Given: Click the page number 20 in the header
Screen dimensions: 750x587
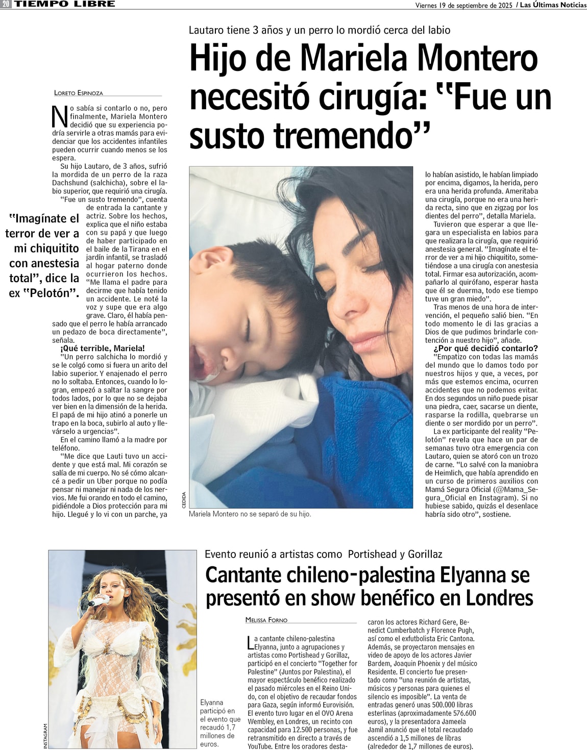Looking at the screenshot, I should click(x=5, y=4).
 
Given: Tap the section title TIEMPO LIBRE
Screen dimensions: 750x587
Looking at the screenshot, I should click(x=64, y=4).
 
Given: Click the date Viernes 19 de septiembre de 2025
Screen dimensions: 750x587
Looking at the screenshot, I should click(x=463, y=5).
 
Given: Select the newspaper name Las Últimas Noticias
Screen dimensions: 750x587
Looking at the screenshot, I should click(x=553, y=5).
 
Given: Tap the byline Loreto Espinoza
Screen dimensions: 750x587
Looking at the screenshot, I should click(x=79, y=93).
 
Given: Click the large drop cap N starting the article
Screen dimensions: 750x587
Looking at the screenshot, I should click(x=59, y=117).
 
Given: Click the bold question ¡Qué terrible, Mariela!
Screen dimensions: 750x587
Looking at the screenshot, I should click(x=103, y=348).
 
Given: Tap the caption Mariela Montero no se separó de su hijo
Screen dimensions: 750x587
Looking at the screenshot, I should click(x=250, y=514).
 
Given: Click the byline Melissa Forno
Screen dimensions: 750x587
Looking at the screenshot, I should click(x=266, y=620).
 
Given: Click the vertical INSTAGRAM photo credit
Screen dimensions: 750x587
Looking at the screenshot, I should click(x=45, y=736).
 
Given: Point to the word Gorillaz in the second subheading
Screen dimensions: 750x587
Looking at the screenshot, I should click(x=423, y=554).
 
